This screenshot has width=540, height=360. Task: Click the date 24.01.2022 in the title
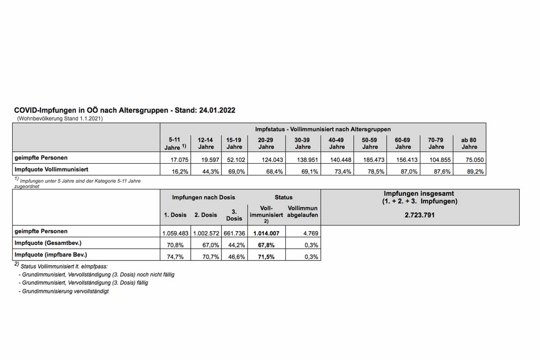click(x=218, y=110)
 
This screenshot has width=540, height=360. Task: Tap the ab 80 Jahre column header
click(x=469, y=144)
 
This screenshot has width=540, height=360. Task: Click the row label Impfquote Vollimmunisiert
click(x=51, y=170)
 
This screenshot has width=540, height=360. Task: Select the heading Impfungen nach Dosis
click(x=203, y=197)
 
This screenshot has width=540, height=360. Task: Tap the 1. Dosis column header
click(x=175, y=215)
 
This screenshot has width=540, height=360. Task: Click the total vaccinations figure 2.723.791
click(x=420, y=215)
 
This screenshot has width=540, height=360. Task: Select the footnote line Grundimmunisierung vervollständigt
click(x=63, y=291)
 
